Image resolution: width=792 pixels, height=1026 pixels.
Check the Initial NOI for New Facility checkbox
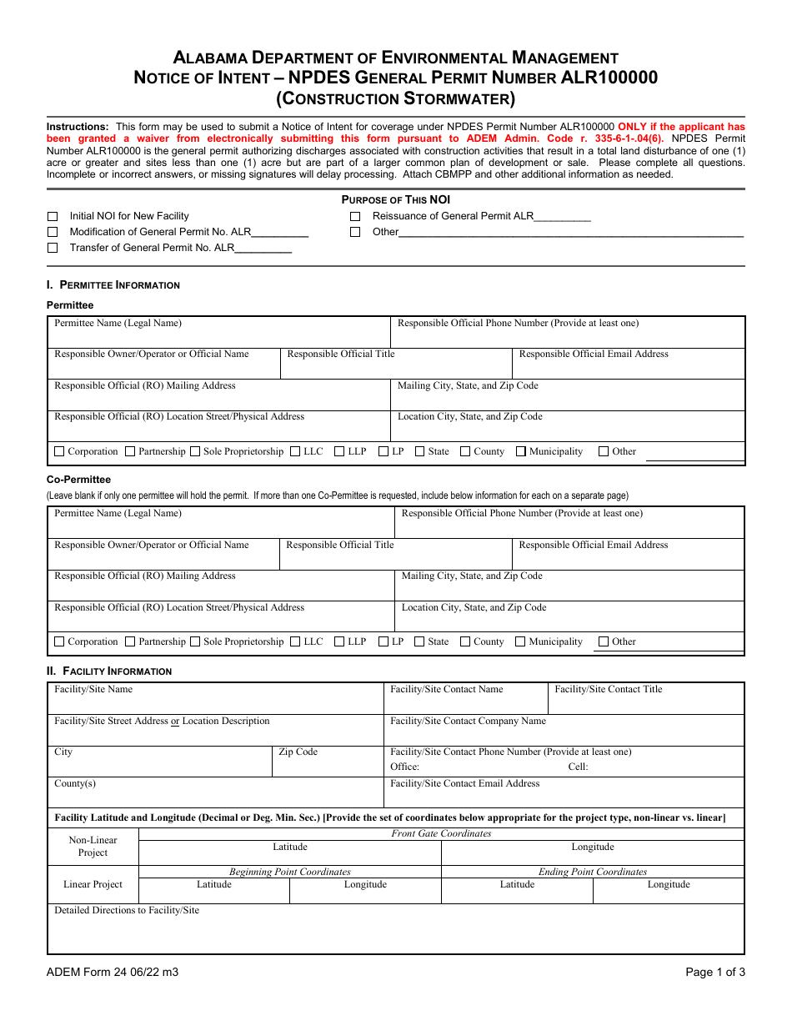pos(53,216)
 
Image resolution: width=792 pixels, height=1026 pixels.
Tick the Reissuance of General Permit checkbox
pos(355,216)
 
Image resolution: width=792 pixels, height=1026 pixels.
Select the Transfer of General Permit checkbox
pos(53,248)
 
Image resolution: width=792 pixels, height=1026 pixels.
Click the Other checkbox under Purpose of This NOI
pos(355,232)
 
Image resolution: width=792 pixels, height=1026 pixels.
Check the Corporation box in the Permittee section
pos(59,451)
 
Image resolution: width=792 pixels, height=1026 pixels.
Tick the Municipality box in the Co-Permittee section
pos(520,641)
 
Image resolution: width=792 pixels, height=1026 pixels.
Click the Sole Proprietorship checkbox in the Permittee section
pos(195,451)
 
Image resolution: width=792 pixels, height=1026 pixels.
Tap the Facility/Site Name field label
pos(93,689)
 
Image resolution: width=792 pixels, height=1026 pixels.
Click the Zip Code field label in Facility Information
pos(298,752)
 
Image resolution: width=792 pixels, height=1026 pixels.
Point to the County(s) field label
pos(75,783)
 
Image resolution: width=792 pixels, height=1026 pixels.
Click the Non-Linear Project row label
pos(93,846)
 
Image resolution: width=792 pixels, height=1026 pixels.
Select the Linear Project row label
pos(93,884)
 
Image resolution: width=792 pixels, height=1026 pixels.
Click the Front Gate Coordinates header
pos(441,833)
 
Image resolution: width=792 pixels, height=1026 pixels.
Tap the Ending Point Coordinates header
pos(592,872)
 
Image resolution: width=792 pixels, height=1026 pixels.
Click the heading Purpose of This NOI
pos(395,199)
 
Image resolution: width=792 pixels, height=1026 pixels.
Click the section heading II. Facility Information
pos(109,671)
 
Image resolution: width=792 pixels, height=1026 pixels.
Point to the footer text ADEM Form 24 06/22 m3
pos(112,972)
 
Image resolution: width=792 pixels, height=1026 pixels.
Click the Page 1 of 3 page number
pos(714,972)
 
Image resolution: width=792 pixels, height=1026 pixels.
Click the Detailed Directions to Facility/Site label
pos(127,910)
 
